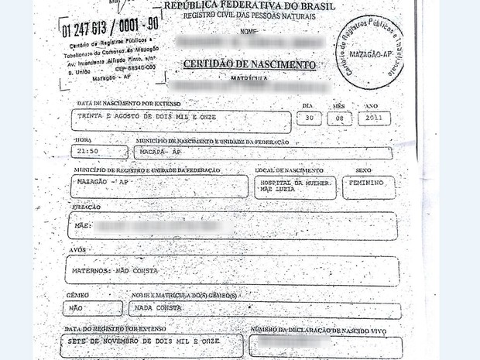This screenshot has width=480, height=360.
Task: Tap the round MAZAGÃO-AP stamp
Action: pyautogui.click(x=369, y=52)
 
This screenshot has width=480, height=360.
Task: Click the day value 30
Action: pyautogui.click(x=309, y=118)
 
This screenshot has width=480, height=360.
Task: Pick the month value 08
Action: pyautogui.click(x=339, y=118)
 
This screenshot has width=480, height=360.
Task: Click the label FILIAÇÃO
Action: pyautogui.click(x=85, y=207)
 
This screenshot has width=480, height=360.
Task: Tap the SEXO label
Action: pyautogui.click(x=363, y=170)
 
